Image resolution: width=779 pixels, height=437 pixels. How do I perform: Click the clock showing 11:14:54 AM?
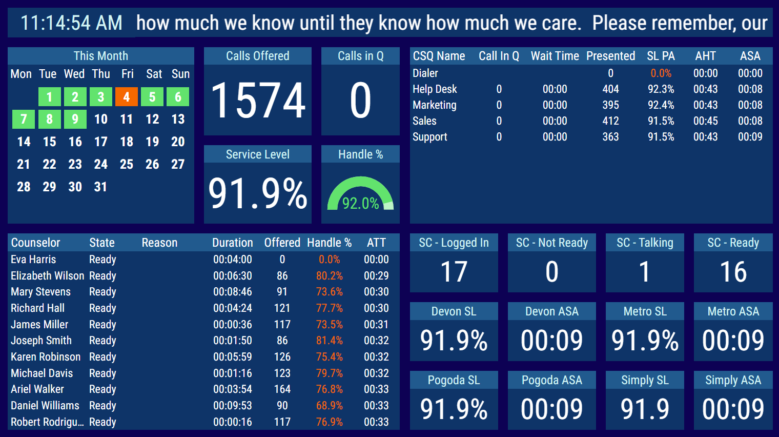(71, 23)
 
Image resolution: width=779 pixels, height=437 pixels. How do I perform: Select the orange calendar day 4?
(127, 96)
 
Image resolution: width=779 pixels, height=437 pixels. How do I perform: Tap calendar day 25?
(127, 164)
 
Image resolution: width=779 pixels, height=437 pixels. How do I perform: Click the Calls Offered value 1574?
(258, 101)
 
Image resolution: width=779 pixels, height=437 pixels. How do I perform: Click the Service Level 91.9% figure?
(258, 193)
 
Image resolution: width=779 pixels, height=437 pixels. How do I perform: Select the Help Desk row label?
(435, 89)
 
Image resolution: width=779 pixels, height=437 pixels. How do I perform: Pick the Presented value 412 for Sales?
(610, 121)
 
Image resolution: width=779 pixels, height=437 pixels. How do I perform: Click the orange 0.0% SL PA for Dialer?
(661, 73)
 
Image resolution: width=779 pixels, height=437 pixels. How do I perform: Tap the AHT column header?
(705, 56)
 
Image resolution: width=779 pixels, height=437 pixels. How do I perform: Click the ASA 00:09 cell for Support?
(750, 137)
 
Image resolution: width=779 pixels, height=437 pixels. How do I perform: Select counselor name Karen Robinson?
(46, 356)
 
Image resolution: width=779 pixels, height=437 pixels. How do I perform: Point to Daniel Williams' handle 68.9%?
(329, 405)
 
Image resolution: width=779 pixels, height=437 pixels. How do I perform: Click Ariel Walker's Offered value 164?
(282, 389)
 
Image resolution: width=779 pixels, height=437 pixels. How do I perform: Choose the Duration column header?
(233, 243)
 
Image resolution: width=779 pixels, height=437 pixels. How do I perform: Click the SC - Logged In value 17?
(454, 272)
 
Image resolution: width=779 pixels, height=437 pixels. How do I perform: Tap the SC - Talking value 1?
(645, 272)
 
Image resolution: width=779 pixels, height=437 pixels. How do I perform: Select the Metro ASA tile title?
(733, 311)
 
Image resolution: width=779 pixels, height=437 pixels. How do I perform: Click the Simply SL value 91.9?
(645, 409)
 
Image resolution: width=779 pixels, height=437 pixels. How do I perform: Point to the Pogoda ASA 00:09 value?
(551, 409)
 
